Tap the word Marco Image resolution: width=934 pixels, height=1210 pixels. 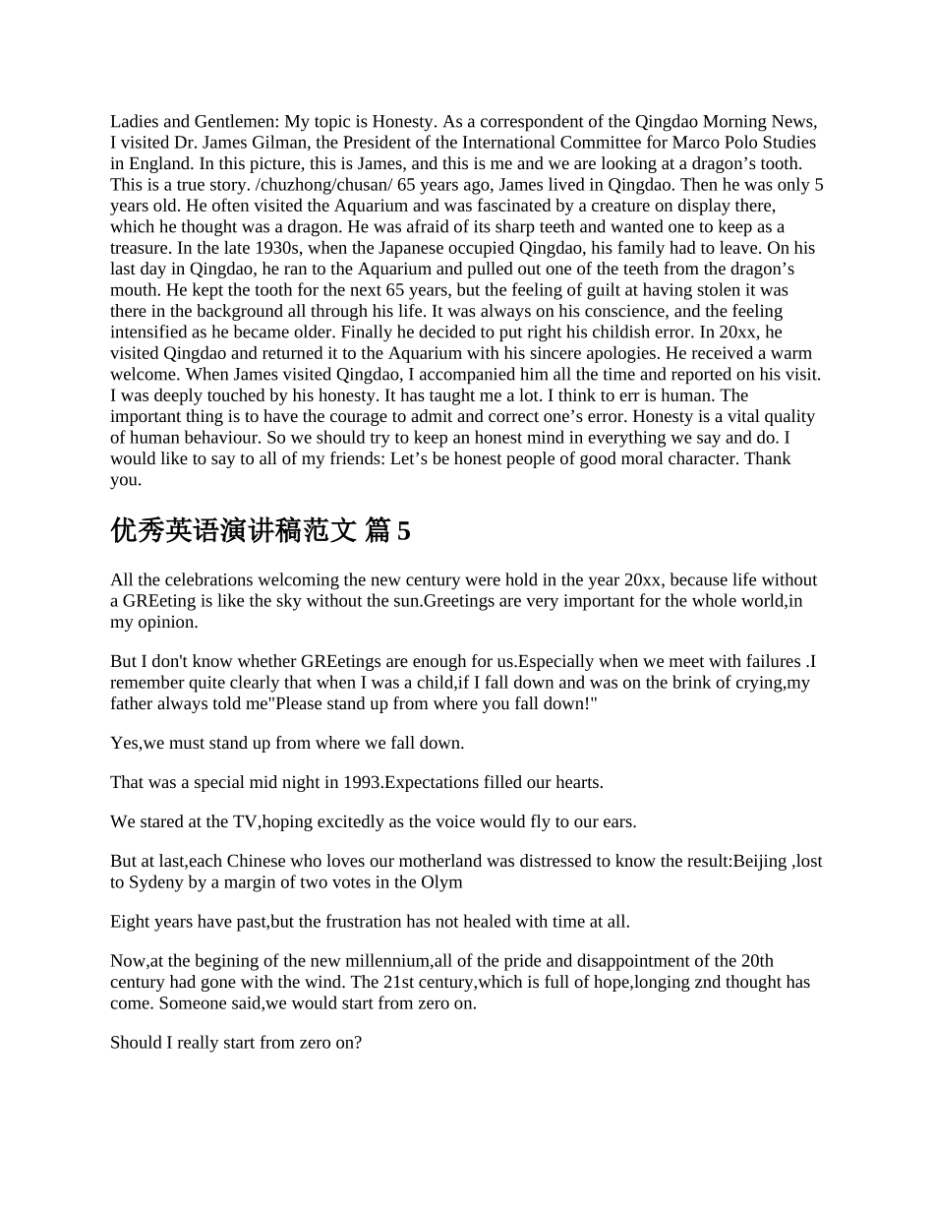tap(695, 143)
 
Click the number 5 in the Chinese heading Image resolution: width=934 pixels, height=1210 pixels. tap(404, 532)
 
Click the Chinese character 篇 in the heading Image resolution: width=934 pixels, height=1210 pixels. tap(377, 532)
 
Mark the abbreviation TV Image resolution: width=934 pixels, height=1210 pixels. tap(245, 822)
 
